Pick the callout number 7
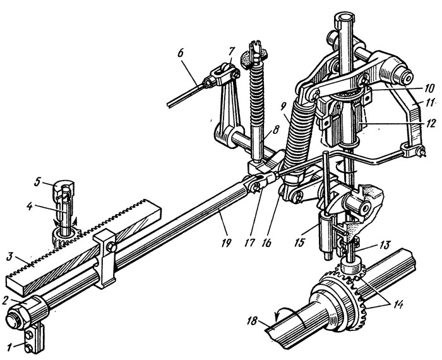pos(232,50)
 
